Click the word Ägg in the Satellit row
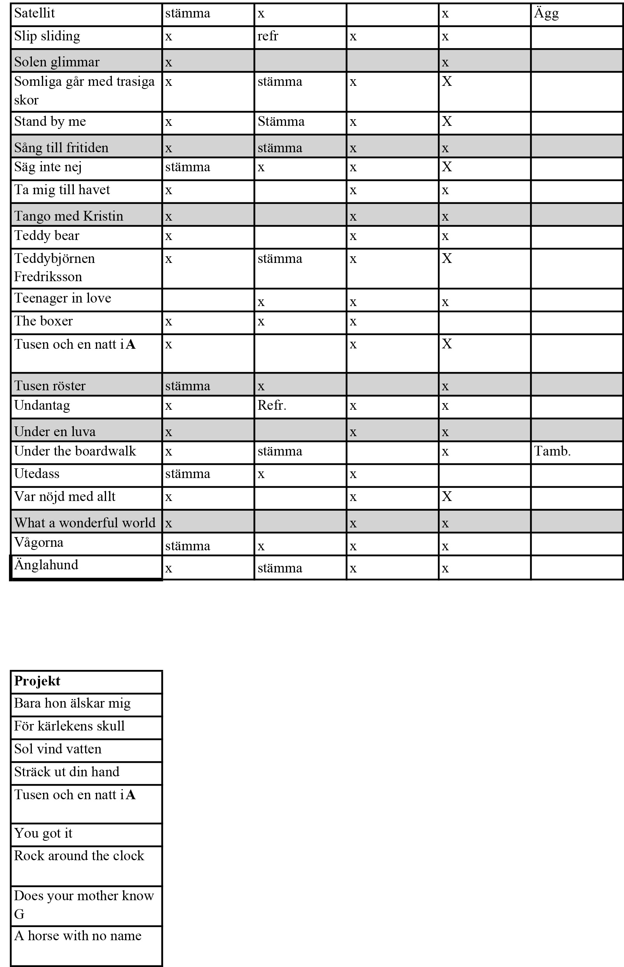(x=546, y=14)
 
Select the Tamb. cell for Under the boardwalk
(x=552, y=451)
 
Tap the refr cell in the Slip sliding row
(x=268, y=36)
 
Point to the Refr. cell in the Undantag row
(x=272, y=405)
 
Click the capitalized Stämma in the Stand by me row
(x=281, y=122)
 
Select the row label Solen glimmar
(x=57, y=62)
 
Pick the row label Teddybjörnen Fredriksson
(x=54, y=267)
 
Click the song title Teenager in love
(x=63, y=298)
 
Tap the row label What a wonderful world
(x=85, y=523)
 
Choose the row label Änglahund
(x=46, y=565)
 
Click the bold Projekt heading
(x=37, y=681)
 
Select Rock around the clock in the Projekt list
(x=79, y=856)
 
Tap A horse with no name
(x=78, y=936)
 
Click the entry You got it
(x=43, y=833)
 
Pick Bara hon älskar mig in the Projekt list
(x=72, y=703)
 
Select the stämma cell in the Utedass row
(x=188, y=474)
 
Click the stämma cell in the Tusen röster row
(x=188, y=386)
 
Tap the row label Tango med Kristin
(x=68, y=216)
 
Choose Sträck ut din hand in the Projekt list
(x=67, y=772)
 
